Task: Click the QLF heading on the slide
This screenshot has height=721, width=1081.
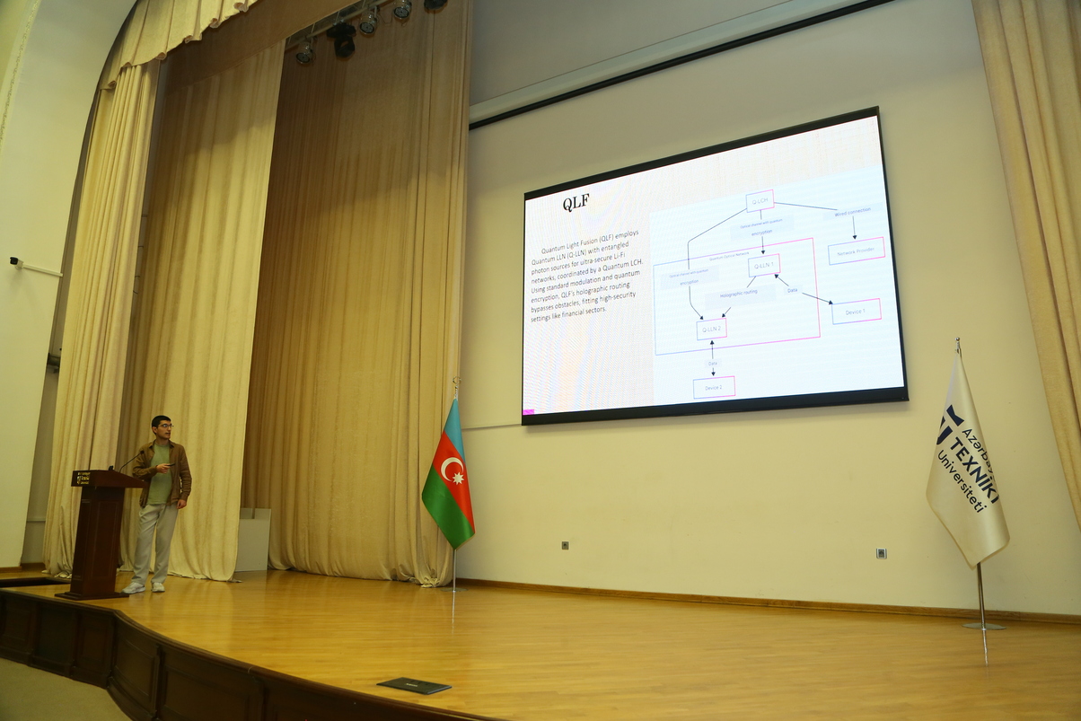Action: coord(576,202)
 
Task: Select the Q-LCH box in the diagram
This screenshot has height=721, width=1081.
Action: coord(760,201)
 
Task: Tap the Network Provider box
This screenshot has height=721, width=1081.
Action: coord(856,251)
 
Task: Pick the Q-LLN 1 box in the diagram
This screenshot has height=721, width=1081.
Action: coord(763,265)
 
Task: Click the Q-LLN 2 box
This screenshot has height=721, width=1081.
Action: coord(711,330)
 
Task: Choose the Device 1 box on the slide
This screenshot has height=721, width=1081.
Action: coord(856,311)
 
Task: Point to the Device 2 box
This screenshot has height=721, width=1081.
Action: coord(714,387)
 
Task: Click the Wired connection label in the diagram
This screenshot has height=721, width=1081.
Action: coord(852,213)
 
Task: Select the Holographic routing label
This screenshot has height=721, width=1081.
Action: coord(737,293)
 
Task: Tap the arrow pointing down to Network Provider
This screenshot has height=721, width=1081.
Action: coord(853,230)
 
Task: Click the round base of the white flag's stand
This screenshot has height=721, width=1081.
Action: coord(983,625)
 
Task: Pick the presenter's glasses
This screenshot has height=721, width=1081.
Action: coord(163,426)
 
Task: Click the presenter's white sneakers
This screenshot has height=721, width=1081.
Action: coord(145,586)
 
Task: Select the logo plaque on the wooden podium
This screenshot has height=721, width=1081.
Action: coord(83,478)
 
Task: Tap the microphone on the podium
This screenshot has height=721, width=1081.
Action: coord(125,463)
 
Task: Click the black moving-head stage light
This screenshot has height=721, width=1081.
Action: coord(342,38)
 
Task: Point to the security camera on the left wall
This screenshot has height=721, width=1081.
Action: coord(15,262)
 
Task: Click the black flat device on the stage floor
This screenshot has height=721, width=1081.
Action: coord(414,685)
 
